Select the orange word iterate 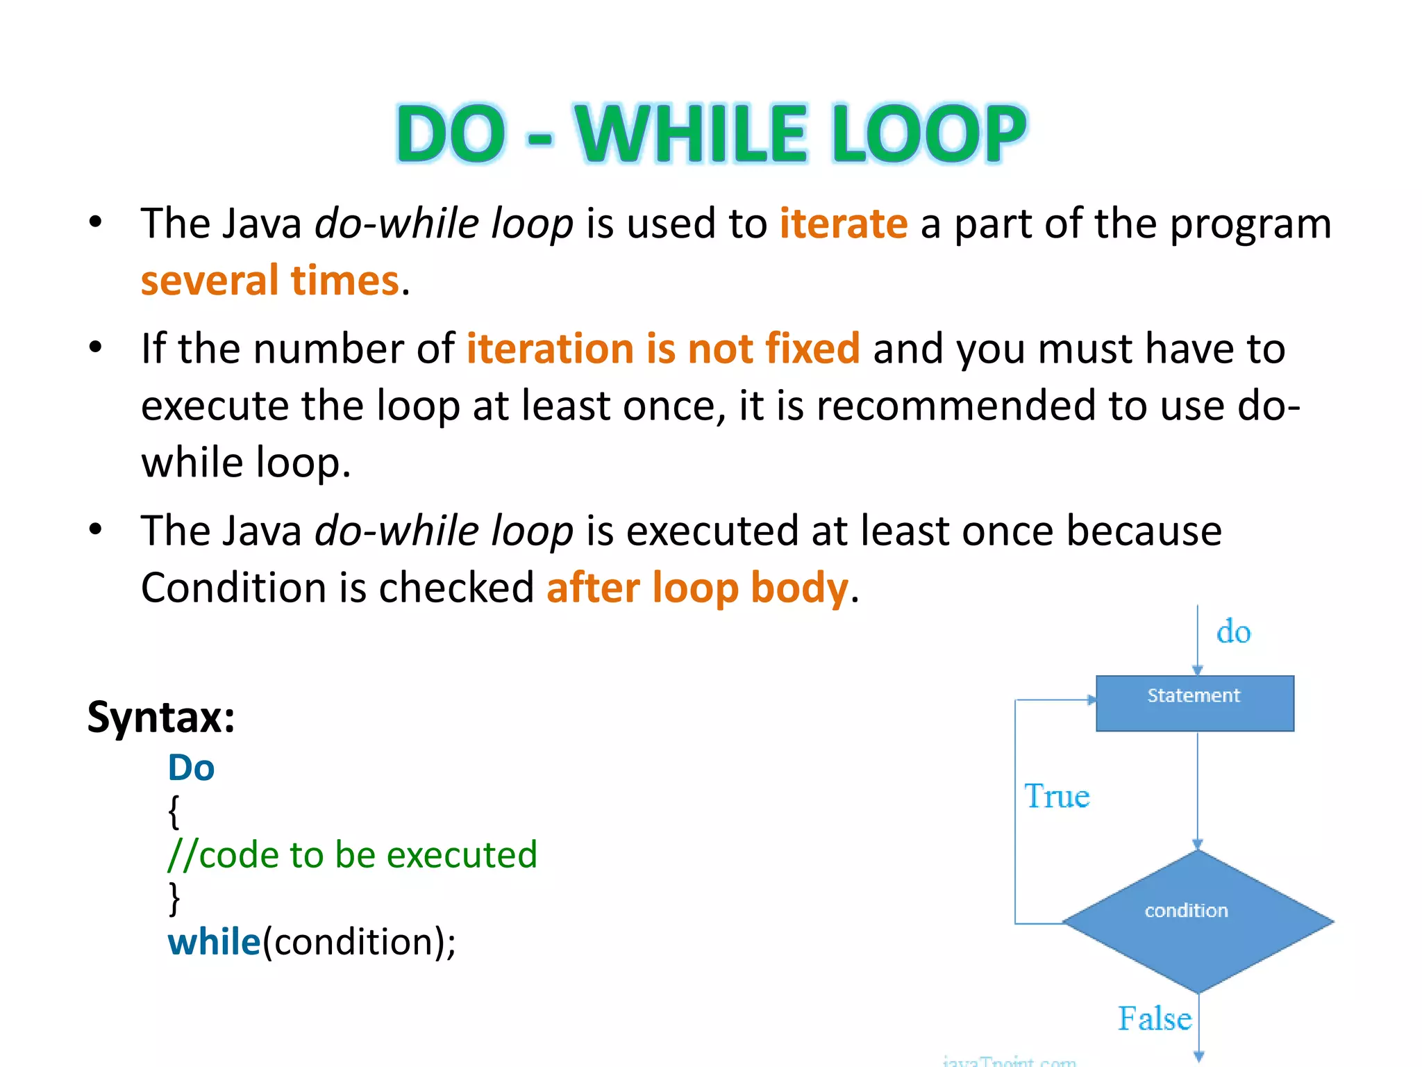point(843,224)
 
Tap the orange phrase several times point(270,281)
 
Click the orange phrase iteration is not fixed point(663,348)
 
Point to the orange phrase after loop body point(697,588)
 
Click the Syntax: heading point(161,717)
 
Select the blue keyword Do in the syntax point(191,768)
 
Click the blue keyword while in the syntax point(214,942)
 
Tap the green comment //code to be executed point(352,854)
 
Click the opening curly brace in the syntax point(174,811)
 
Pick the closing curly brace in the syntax point(174,898)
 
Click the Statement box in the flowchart point(1194,703)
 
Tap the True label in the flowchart point(1057,796)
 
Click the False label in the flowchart point(1154,1019)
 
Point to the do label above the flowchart point(1233,632)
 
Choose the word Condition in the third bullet point(233,588)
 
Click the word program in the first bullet point(1250,224)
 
